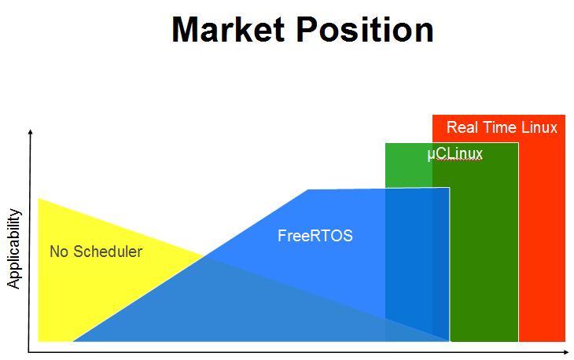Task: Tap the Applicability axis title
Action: (13, 249)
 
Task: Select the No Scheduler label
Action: (96, 252)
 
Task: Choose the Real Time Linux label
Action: (502, 127)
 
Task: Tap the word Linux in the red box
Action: (540, 127)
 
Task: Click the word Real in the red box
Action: (459, 127)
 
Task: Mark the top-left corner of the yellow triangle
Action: (39, 200)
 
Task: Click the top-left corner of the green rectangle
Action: (386, 144)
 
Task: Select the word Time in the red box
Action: (499, 127)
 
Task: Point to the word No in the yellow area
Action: (58, 252)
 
